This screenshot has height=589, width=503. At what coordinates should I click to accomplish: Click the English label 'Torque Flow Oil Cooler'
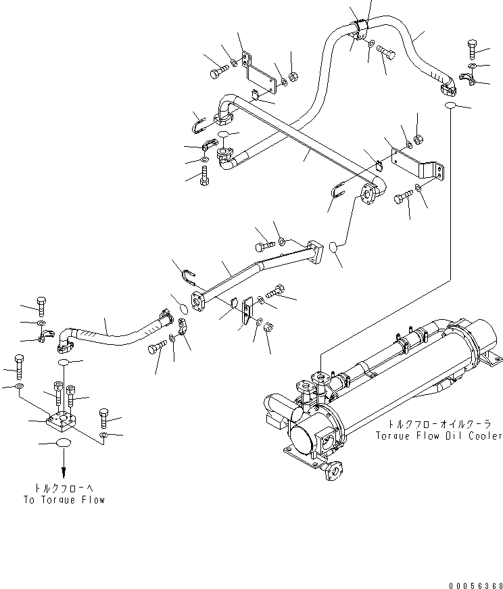coord(439,436)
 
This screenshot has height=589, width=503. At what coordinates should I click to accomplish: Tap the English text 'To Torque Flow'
coord(64,500)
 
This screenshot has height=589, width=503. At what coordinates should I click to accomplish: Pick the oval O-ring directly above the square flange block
coord(64,363)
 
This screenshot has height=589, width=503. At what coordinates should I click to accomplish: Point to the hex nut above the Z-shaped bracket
coord(418,139)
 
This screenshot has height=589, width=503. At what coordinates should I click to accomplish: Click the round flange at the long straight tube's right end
coord(370,193)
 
